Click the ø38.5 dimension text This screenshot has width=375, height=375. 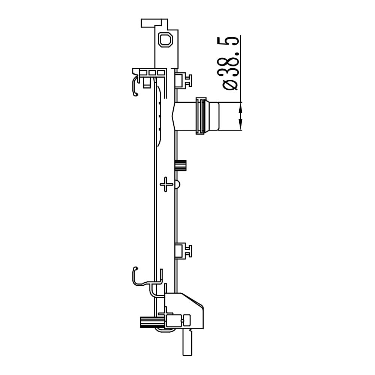pyautogui.click(x=231, y=63)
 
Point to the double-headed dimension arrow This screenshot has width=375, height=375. pyautogui.click(x=241, y=117)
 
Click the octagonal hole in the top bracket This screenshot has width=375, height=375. pyautogui.click(x=166, y=40)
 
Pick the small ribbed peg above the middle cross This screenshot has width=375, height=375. pyautogui.click(x=181, y=165)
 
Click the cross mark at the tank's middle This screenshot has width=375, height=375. pyautogui.click(x=166, y=184)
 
